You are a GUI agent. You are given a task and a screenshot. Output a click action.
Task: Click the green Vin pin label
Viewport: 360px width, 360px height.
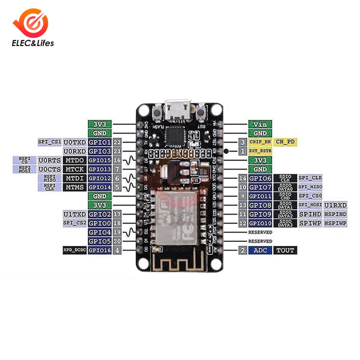pyautogui.click(x=260, y=124)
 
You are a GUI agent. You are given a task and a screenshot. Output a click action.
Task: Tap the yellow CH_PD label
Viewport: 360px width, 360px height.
pyautogui.click(x=285, y=142)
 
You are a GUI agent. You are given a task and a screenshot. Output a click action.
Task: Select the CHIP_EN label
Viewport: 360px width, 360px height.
pyautogui.click(x=260, y=142)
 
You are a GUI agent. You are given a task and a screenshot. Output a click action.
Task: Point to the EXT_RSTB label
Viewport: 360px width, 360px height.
pyautogui.click(x=260, y=151)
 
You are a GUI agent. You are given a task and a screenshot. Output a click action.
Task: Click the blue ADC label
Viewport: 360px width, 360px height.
pyautogui.click(x=260, y=250)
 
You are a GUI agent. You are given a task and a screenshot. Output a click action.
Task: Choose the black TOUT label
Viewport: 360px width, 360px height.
pyautogui.click(x=285, y=250)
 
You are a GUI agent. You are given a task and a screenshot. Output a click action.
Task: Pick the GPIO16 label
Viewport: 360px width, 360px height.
pyautogui.click(x=100, y=250)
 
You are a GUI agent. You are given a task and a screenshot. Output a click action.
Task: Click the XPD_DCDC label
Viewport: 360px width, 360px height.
pyautogui.click(x=75, y=250)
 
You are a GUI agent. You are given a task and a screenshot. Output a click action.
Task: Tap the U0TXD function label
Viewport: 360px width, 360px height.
pyautogui.click(x=75, y=142)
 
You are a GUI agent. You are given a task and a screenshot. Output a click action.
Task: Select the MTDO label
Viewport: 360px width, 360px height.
pyautogui.click(x=75, y=160)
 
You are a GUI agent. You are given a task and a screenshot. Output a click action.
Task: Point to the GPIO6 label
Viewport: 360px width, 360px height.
pyautogui.click(x=260, y=178)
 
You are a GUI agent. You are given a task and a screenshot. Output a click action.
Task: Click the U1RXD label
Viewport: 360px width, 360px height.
pyautogui.click(x=336, y=205)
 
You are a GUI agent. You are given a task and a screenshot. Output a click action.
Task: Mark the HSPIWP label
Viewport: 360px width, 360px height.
pyautogui.click(x=336, y=223)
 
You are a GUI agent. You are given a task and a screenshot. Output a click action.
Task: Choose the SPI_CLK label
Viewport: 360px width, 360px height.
pyautogui.click(x=310, y=178)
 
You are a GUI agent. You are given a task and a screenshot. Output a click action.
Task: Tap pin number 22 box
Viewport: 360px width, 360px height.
pyautogui.click(x=117, y=142)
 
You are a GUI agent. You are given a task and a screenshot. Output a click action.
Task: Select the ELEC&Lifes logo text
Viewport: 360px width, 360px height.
pyautogui.click(x=33, y=44)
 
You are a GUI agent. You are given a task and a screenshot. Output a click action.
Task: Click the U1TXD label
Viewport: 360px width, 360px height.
pyautogui.click(x=75, y=214)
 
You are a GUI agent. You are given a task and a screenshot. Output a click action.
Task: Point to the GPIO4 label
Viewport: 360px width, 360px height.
pyautogui.click(x=100, y=232)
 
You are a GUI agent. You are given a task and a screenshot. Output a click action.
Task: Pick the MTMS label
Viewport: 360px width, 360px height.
pyautogui.click(x=75, y=187)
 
